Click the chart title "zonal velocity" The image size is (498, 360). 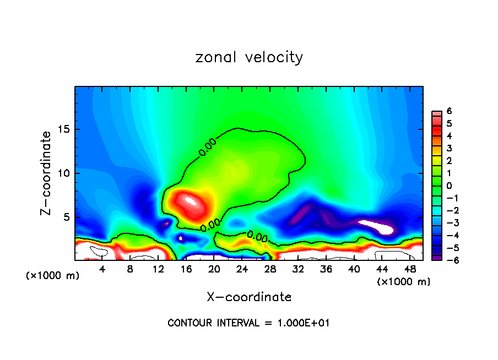click(249, 57)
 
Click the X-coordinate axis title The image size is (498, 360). click(249, 297)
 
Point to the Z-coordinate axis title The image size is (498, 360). click(47, 173)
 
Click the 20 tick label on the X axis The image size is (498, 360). click(214, 269)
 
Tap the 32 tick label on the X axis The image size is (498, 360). click(297, 269)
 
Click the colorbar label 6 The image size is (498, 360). click(450, 111)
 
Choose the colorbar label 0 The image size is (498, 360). click(450, 186)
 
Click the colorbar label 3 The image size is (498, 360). click(450, 148)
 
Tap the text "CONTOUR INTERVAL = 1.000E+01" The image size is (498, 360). click(248, 323)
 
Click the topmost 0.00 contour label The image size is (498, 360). click(208, 148)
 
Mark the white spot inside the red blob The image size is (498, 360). click(191, 200)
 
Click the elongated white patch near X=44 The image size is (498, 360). click(377, 226)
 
